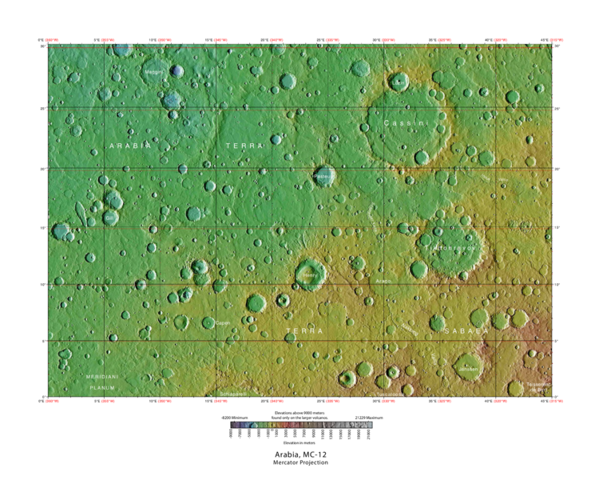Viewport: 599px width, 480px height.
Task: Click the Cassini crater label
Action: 406,123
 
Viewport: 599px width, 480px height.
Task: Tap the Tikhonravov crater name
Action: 454,248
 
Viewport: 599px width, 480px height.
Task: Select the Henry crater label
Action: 310,276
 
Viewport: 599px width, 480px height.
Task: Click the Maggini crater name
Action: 153,72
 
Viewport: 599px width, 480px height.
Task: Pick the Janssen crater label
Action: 469,369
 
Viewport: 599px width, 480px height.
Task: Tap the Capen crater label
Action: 222,323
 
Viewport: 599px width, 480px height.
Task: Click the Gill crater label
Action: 110,218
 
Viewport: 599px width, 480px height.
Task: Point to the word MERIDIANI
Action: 102,376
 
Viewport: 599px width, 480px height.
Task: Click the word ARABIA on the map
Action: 129,146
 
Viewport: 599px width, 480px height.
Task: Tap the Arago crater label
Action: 383,281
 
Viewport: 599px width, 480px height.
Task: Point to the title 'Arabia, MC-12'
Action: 299,454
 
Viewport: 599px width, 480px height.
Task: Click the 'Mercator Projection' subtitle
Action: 299,463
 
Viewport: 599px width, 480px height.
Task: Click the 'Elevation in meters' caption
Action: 299,442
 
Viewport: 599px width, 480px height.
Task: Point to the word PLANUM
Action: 102,387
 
